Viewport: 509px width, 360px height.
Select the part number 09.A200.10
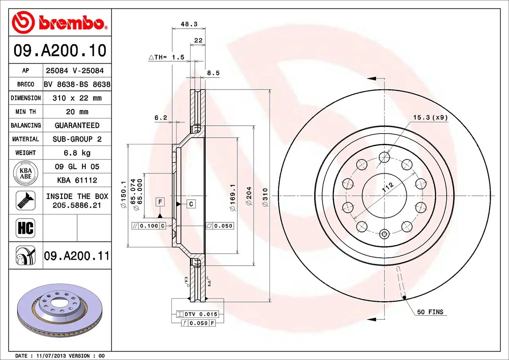pyautogui.click(x=60, y=51)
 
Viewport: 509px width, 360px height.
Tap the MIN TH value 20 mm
pyautogui.click(x=77, y=112)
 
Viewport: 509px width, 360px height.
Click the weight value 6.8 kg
pyautogui.click(x=77, y=153)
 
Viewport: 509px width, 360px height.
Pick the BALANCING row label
pyautogui.click(x=25, y=125)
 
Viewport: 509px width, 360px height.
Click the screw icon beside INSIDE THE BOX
pyautogui.click(x=25, y=200)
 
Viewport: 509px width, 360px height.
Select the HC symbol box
pyautogui.click(x=25, y=228)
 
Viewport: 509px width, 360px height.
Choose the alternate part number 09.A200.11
pyautogui.click(x=77, y=256)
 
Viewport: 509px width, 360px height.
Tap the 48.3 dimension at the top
pyautogui.click(x=189, y=24)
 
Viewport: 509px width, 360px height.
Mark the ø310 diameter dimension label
pyautogui.click(x=265, y=197)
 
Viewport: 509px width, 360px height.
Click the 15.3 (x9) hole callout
pyautogui.click(x=430, y=117)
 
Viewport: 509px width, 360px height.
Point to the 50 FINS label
pyautogui.click(x=430, y=312)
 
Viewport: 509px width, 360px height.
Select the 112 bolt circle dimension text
pyautogui.click(x=388, y=188)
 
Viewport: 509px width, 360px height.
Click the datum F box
pyautogui.click(x=160, y=202)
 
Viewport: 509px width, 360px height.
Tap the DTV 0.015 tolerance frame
pyautogui.click(x=197, y=315)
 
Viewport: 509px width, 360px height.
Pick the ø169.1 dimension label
pyautogui.click(x=233, y=197)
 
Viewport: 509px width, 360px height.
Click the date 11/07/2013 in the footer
pyautogui.click(x=51, y=356)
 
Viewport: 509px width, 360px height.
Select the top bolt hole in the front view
pyautogui.click(x=384, y=158)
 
